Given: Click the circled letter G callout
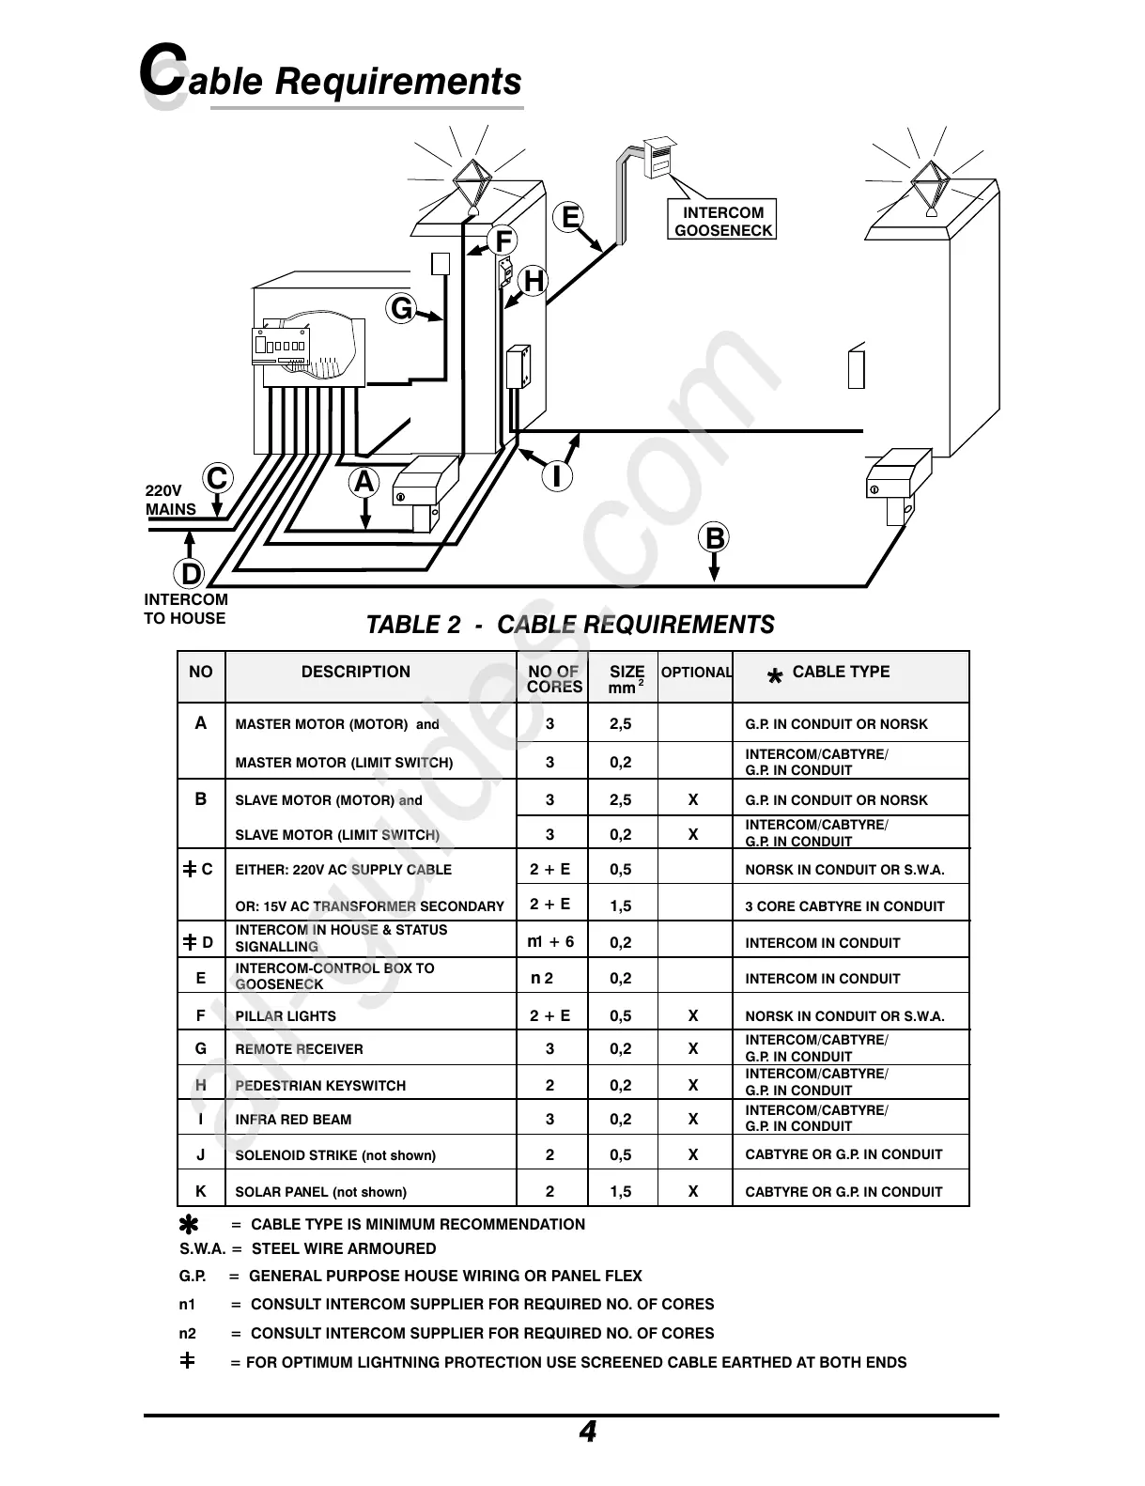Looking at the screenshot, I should (401, 308).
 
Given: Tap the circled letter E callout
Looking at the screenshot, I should (568, 218).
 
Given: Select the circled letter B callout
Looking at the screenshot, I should (715, 538).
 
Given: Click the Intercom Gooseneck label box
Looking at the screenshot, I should (722, 221).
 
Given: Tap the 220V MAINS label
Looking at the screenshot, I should (171, 500).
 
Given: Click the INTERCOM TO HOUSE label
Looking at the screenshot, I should (185, 609).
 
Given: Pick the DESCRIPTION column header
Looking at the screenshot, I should (355, 672).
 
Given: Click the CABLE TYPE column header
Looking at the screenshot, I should (841, 672).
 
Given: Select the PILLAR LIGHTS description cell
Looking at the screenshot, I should (286, 1016).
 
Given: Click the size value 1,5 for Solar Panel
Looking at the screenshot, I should (621, 1191).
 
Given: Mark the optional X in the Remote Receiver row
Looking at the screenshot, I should (693, 1048).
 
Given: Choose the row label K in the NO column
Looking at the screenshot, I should (200, 1191).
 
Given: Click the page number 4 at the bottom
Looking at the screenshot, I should (587, 1432).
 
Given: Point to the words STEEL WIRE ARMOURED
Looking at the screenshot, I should (344, 1248).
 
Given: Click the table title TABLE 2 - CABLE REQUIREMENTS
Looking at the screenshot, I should (570, 625).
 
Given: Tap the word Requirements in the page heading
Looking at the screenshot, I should (397, 82).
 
